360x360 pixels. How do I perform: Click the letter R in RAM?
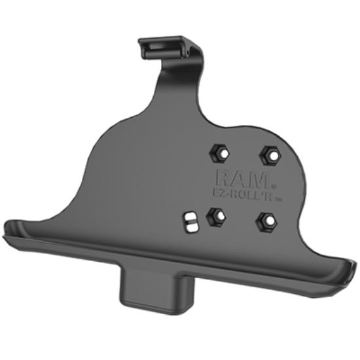click(x=221, y=177)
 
